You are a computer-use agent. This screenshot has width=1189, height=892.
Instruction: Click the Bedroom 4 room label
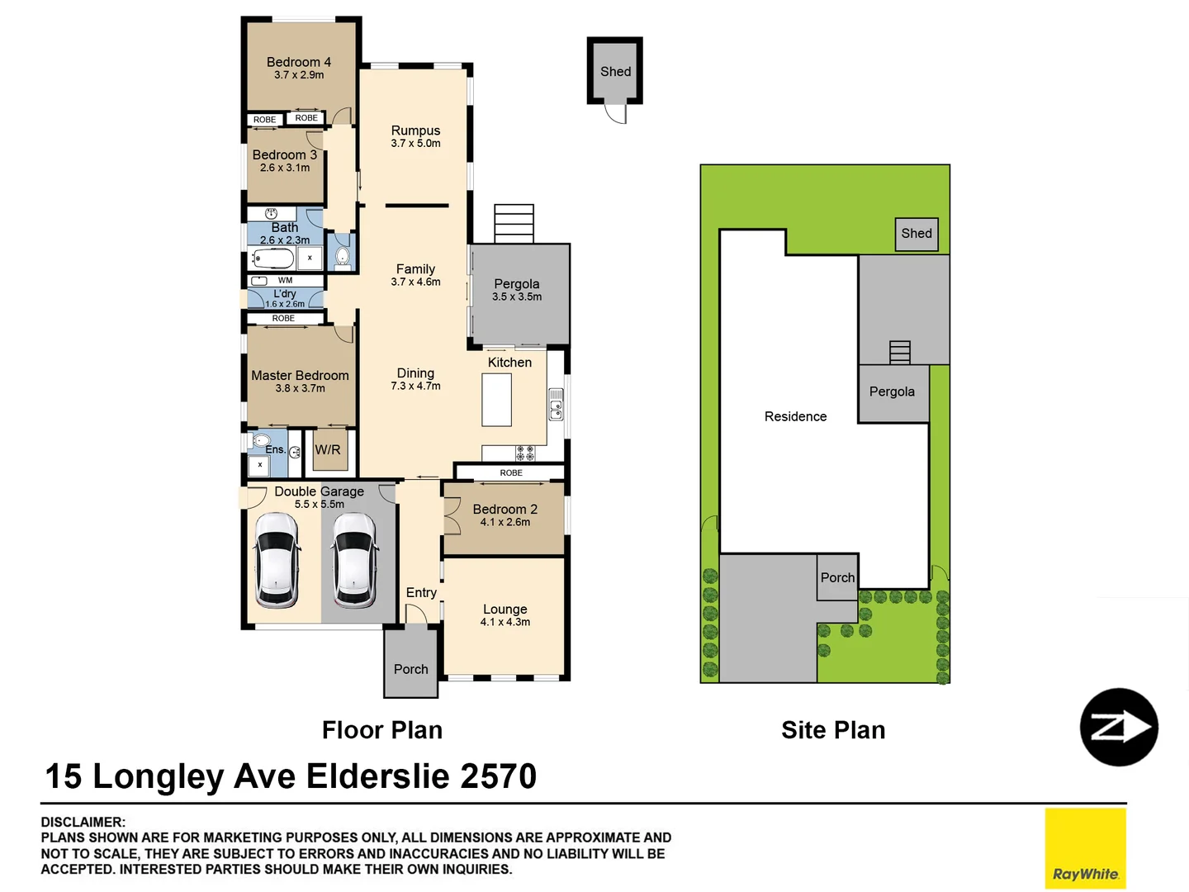pyautogui.click(x=298, y=62)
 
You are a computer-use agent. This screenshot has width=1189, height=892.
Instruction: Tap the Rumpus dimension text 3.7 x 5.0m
pyautogui.click(x=415, y=144)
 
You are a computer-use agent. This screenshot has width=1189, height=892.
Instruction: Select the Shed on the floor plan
pyautogui.click(x=615, y=71)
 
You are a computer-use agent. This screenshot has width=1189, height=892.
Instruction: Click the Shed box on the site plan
pyautogui.click(x=917, y=234)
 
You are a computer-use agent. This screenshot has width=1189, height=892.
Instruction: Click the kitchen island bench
pyautogui.click(x=496, y=400)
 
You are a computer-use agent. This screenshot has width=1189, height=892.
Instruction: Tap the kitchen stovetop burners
pyautogui.click(x=525, y=453)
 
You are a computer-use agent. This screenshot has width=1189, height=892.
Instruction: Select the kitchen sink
pyautogui.click(x=557, y=405)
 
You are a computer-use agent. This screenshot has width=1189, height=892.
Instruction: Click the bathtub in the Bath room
pyautogui.click(x=273, y=259)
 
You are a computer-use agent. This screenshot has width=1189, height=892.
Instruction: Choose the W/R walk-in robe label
pyautogui.click(x=328, y=450)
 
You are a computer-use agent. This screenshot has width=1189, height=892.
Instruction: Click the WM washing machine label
pyautogui.click(x=285, y=281)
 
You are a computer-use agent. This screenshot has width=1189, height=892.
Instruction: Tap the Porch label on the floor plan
pyautogui.click(x=410, y=669)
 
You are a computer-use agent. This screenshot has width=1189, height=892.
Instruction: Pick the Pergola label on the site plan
pyautogui.click(x=892, y=391)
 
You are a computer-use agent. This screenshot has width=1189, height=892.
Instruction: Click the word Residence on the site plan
pyautogui.click(x=795, y=416)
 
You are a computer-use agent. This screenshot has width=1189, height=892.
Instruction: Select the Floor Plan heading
pyautogui.click(x=382, y=730)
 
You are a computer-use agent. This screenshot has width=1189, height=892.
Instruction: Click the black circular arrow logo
pyautogui.click(x=1119, y=728)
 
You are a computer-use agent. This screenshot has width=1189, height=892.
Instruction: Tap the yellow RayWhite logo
pyautogui.click(x=1085, y=848)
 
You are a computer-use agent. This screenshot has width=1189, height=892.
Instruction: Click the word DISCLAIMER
pyautogui.click(x=83, y=822)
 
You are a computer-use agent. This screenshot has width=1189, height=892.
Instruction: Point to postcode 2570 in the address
pyautogui.click(x=498, y=776)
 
